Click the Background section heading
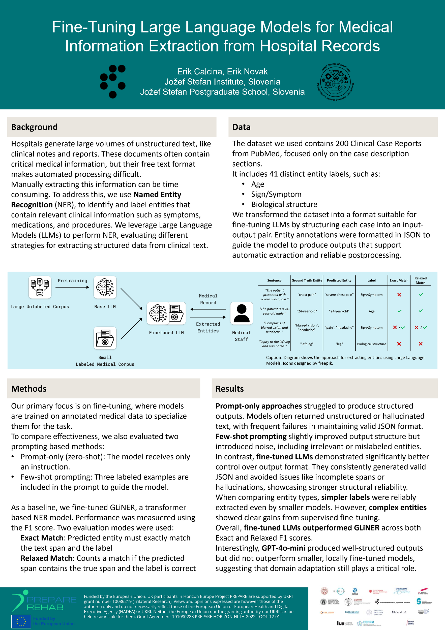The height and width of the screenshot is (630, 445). (x=34, y=127)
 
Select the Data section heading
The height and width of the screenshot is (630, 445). (x=241, y=127)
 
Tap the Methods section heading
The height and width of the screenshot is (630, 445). (x=29, y=389)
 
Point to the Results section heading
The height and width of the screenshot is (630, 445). (x=229, y=389)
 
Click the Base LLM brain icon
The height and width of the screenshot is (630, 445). (x=105, y=287)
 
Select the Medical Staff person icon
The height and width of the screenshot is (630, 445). (x=241, y=313)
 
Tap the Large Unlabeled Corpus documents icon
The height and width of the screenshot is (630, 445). (x=40, y=287)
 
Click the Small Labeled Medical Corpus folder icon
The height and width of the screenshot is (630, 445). (x=105, y=338)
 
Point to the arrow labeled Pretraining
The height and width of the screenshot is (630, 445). (x=72, y=287)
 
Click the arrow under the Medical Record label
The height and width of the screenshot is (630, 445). (x=208, y=309)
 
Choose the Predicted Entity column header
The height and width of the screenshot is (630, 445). (x=339, y=280)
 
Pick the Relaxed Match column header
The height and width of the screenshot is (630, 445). (x=420, y=280)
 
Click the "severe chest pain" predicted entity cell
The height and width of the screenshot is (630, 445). (x=339, y=295)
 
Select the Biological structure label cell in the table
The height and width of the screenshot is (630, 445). (x=371, y=344)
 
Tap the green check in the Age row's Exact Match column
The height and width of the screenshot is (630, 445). (x=399, y=311)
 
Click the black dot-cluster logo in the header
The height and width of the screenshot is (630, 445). (x=112, y=81)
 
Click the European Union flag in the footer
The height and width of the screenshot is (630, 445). (x=21, y=621)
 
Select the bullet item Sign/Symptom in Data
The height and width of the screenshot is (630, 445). (x=276, y=194)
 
